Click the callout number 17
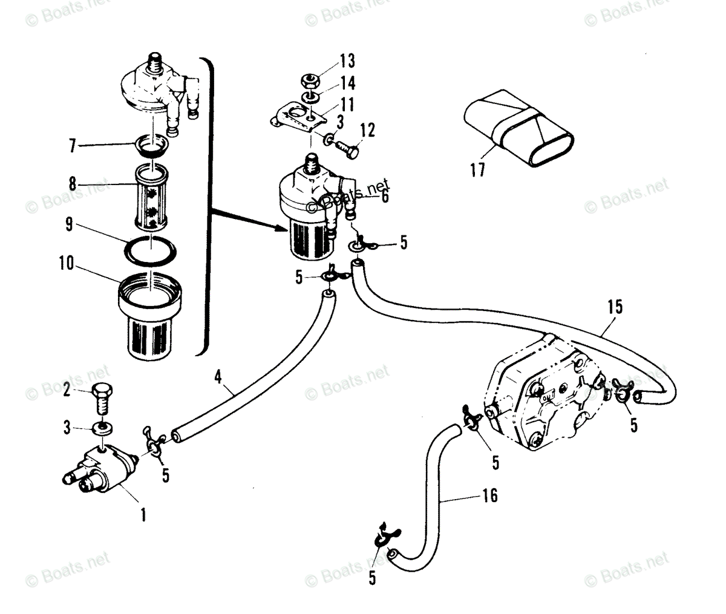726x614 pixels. (477, 170)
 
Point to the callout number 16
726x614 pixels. (489, 496)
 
